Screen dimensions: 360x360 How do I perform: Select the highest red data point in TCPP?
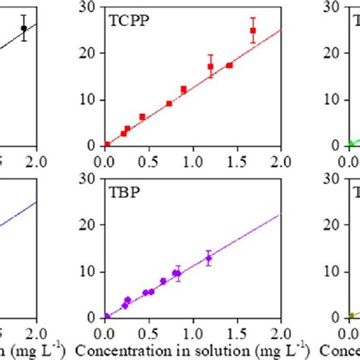[253, 31]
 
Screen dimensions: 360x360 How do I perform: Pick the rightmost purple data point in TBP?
[209, 258]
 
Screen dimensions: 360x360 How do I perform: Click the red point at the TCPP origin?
[107, 144]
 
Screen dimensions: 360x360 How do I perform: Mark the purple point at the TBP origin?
[107, 316]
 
